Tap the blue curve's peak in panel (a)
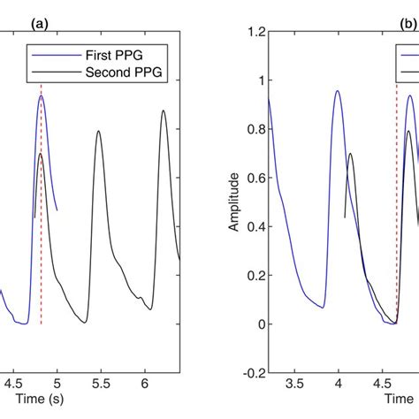[41, 96]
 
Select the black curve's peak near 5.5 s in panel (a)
[98, 131]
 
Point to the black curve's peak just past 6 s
[164, 111]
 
